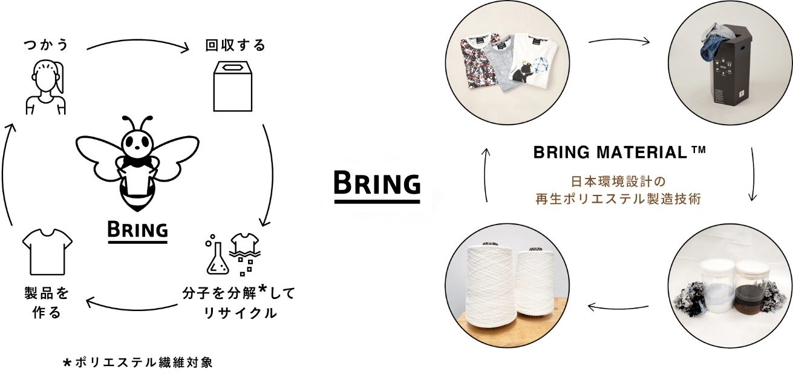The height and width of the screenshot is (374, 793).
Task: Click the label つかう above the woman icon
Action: (46, 45)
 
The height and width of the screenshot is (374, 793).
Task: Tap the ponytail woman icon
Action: (46, 87)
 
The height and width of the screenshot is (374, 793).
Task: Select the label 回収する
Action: (235, 45)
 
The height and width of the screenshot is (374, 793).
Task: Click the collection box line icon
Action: (233, 87)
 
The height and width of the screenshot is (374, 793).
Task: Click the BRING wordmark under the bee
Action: (137, 232)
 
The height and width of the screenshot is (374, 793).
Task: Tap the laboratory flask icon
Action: (217, 258)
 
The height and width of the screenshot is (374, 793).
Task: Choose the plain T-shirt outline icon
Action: (47, 252)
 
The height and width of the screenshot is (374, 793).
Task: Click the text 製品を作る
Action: (47, 303)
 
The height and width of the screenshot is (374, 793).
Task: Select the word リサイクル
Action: (240, 313)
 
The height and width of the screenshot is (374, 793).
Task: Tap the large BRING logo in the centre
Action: (377, 186)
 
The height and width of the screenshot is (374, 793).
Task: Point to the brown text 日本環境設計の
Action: (618, 182)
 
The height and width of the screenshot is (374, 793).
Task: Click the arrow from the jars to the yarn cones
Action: (618, 307)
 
